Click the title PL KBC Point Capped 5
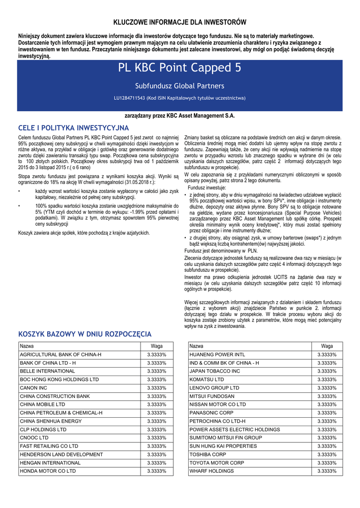click(x=180, y=68)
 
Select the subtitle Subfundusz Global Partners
click(x=180, y=86)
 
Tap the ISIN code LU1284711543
click(x=129, y=98)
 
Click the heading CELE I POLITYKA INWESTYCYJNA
click(x=73, y=128)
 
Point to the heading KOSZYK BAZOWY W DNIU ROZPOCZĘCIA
click(x=85, y=334)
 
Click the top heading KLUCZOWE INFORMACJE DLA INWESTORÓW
click(x=180, y=22)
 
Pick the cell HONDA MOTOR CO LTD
click(x=48, y=471)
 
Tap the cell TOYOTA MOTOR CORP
click(x=217, y=463)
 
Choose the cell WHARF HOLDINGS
click(x=212, y=471)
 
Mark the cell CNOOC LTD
click(x=34, y=438)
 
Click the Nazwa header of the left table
click(x=27, y=346)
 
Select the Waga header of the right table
click(x=327, y=346)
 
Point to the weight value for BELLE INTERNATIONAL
click(x=156, y=371)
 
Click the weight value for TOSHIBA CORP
click(x=327, y=454)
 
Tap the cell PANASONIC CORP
click(x=212, y=413)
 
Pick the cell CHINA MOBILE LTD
click(x=42, y=404)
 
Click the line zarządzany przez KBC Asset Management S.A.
click(x=180, y=116)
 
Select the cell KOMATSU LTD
click(x=207, y=379)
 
